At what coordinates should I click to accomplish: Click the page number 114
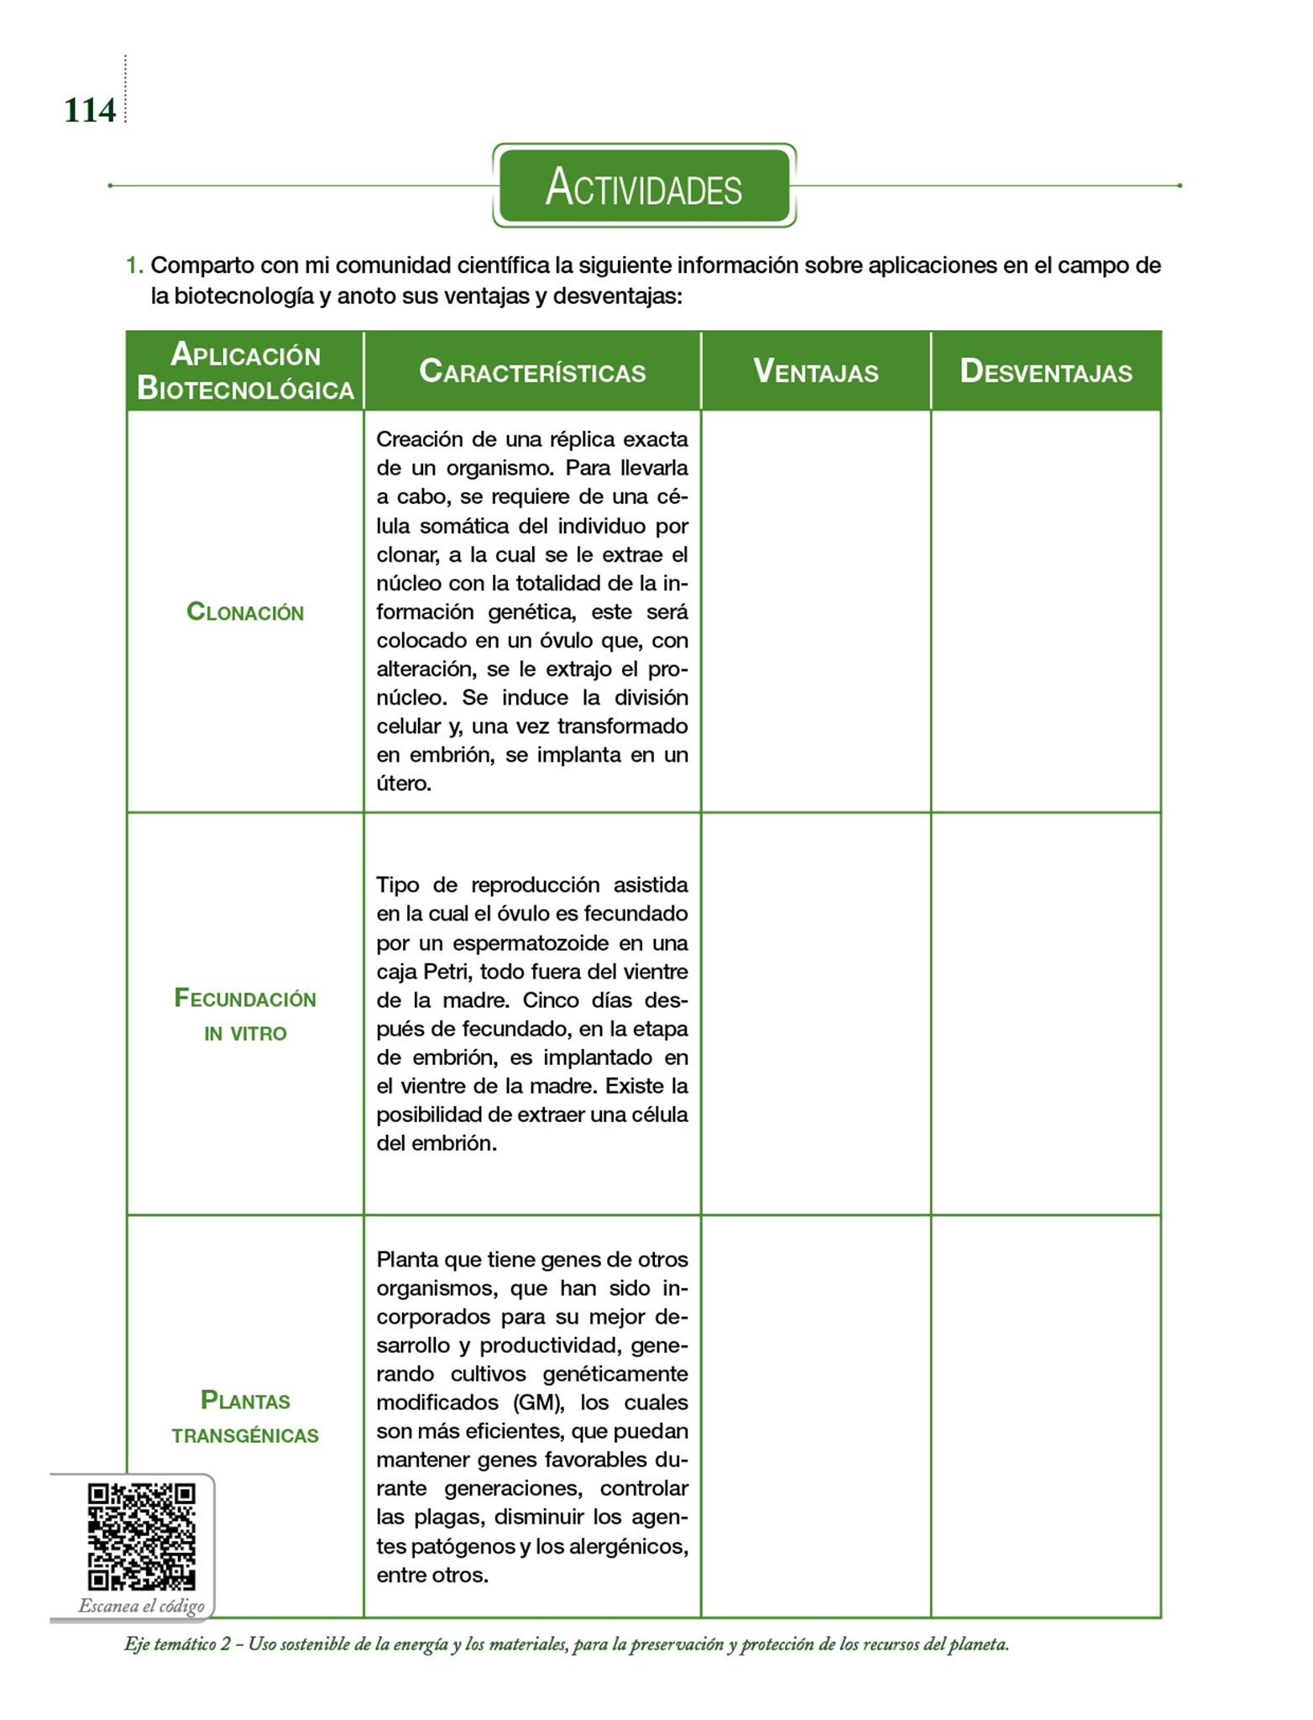click(89, 111)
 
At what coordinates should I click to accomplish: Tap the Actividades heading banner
click(644, 186)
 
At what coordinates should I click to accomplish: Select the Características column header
click(532, 371)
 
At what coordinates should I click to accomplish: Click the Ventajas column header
click(815, 371)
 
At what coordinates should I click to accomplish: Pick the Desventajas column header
click(1046, 371)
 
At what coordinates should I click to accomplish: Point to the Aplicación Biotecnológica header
click(245, 372)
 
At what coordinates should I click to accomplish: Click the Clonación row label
click(245, 612)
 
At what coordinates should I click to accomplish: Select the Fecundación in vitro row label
click(245, 1015)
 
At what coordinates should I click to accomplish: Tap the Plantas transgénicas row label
click(245, 1417)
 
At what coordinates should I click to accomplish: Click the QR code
click(142, 1536)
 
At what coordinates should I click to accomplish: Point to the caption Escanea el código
click(142, 1606)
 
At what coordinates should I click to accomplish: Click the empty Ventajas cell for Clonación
click(815, 611)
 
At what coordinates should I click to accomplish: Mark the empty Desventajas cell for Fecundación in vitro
click(1046, 1014)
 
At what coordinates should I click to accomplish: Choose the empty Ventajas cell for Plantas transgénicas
click(815, 1416)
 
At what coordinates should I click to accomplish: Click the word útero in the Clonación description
click(403, 784)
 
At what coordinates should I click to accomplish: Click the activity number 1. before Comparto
click(134, 266)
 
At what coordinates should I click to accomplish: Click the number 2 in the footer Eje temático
click(226, 1644)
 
